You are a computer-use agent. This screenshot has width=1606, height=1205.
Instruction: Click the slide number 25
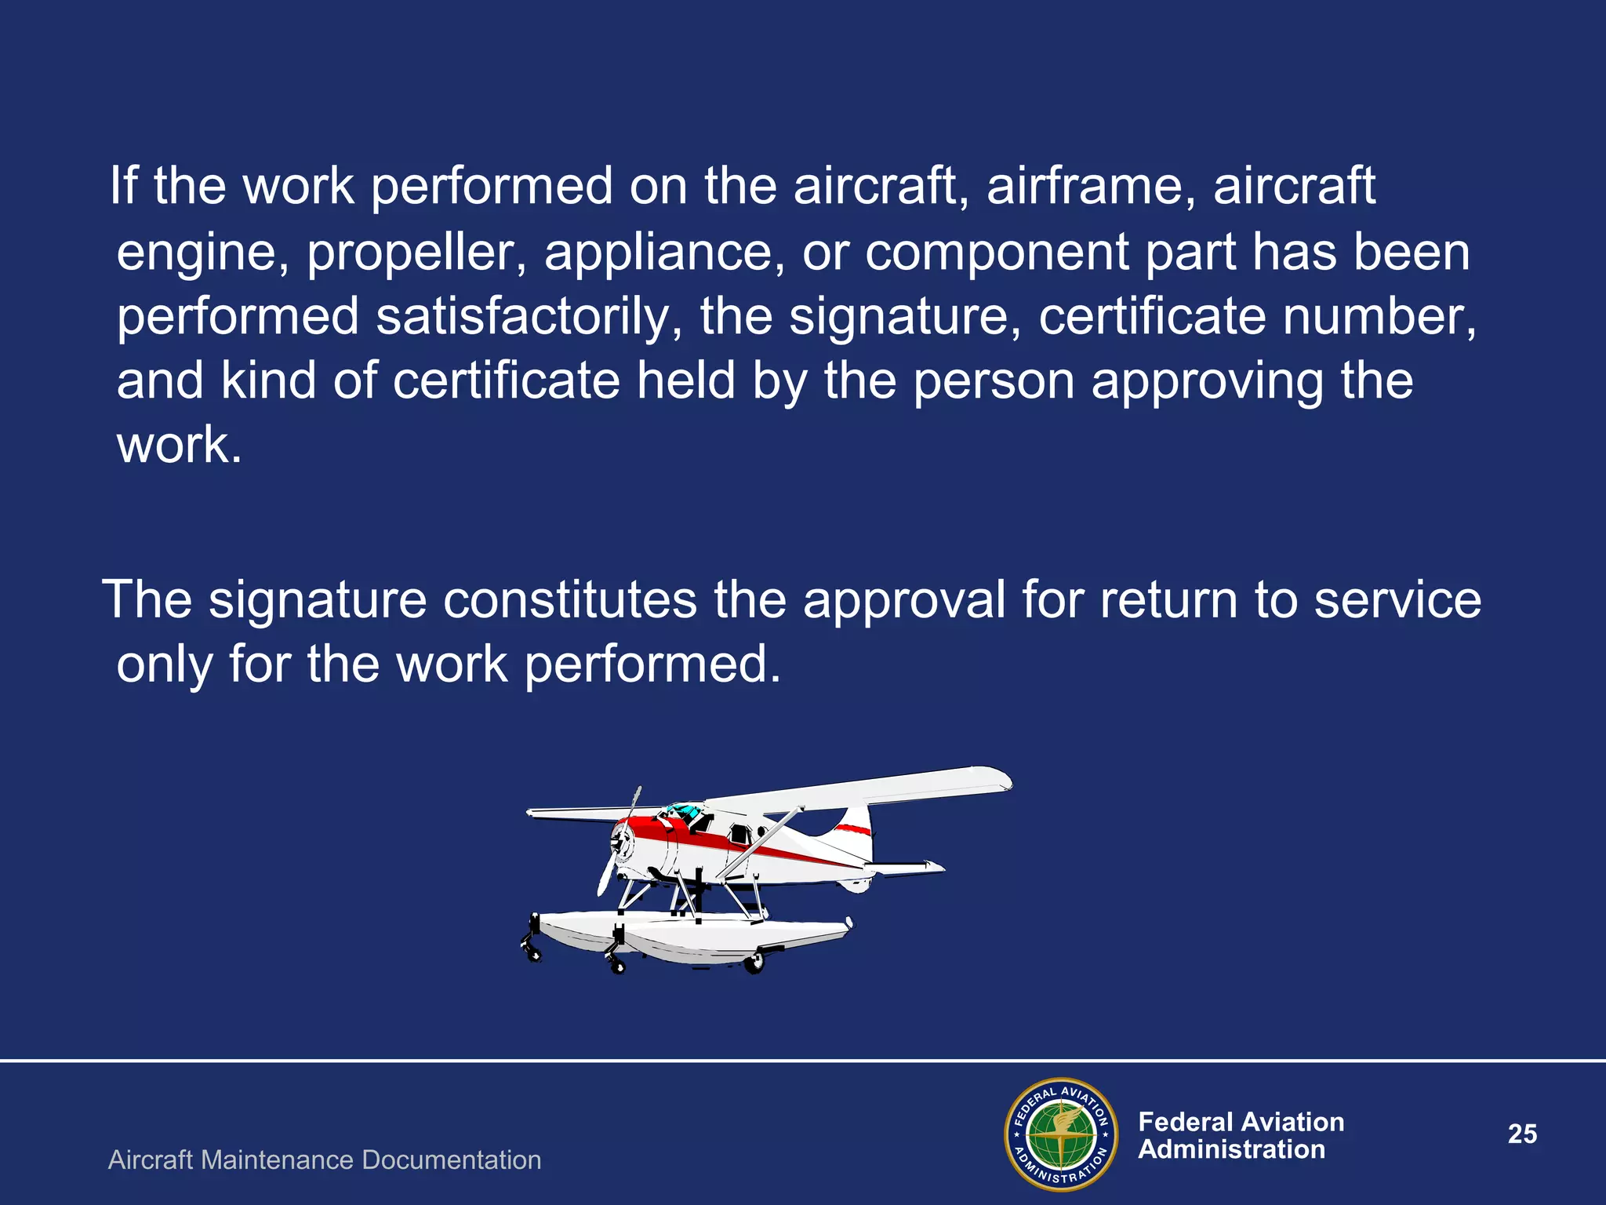coord(1522,1134)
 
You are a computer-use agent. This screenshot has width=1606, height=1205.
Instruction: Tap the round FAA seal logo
coord(1061,1134)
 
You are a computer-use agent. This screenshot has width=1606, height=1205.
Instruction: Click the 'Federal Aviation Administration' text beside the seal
coord(1241,1135)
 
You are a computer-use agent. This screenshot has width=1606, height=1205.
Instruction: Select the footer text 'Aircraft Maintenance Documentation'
coord(325,1159)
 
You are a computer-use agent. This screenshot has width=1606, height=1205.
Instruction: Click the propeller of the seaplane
coord(620,844)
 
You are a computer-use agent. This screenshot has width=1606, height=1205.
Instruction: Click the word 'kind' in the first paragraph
coord(268,381)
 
